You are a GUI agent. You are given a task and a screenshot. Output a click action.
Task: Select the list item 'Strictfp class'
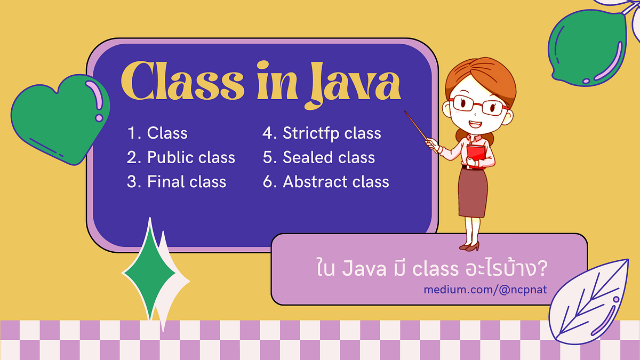(x=322, y=133)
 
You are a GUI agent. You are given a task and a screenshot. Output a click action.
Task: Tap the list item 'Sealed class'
(x=318, y=157)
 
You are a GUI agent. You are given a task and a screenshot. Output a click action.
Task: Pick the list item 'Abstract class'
(x=325, y=182)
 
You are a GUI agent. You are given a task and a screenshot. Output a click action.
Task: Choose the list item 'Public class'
(x=181, y=157)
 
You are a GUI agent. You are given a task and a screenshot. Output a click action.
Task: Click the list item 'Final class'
(x=177, y=182)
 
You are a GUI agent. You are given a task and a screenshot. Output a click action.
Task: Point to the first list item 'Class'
(x=157, y=133)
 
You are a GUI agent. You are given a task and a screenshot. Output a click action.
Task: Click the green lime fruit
(x=587, y=48)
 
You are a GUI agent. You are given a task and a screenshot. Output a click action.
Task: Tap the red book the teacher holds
(x=476, y=155)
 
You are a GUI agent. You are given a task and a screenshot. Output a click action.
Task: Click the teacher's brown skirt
(x=472, y=192)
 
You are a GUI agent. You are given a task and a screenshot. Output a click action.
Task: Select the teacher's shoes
(x=470, y=246)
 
